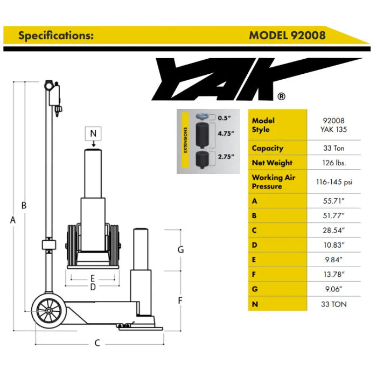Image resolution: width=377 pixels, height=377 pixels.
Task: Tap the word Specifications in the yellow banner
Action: tap(56, 36)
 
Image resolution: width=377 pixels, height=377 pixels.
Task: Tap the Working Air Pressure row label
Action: tap(274, 182)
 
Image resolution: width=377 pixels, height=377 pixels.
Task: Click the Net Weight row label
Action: tap(272, 163)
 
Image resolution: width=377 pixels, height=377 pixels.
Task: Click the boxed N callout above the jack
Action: tap(93, 133)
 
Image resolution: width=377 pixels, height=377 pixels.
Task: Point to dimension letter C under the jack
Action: tap(97, 343)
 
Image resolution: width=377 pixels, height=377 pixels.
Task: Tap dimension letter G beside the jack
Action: tap(181, 249)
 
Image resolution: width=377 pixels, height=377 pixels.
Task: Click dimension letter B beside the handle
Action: tap(24, 205)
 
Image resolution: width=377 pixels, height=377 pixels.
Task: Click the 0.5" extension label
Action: tap(225, 117)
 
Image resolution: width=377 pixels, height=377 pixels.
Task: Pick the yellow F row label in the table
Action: tap(255, 275)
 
